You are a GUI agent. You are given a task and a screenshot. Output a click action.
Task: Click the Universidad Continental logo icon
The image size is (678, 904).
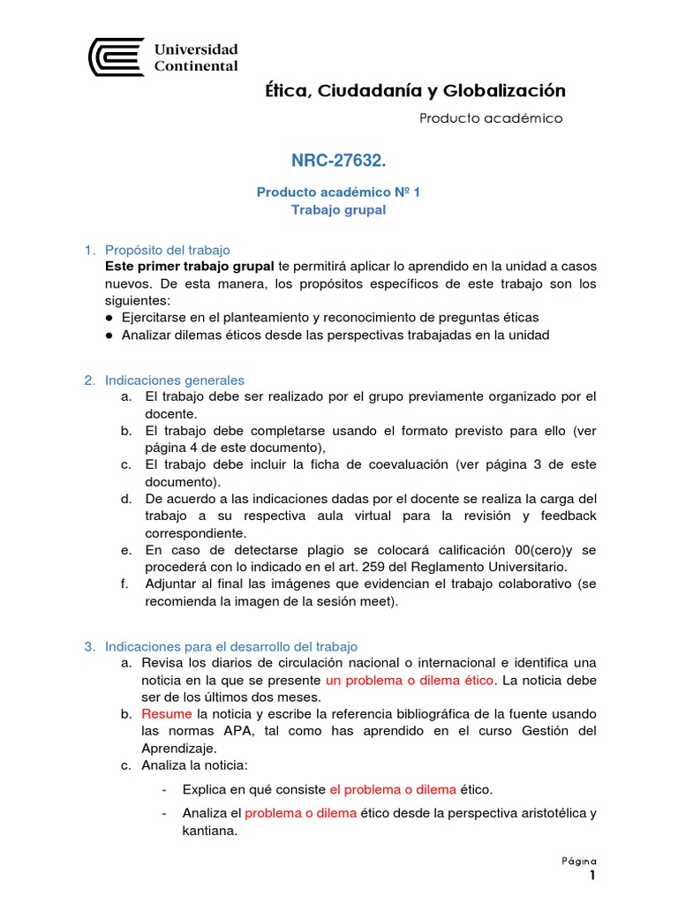(116, 57)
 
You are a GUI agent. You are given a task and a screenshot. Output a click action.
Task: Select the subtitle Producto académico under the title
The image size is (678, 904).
(490, 118)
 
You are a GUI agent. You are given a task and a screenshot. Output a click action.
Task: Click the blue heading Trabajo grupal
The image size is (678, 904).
(338, 210)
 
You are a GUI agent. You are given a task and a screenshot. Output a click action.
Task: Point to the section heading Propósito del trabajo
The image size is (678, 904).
(167, 250)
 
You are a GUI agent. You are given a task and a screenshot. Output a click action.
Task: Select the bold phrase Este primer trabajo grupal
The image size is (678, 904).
(190, 267)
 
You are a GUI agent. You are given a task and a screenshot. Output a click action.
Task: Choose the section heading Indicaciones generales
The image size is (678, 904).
(175, 380)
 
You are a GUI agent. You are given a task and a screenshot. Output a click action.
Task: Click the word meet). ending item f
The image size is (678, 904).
(380, 601)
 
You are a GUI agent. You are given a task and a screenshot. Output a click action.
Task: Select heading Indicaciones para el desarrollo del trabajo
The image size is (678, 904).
(231, 646)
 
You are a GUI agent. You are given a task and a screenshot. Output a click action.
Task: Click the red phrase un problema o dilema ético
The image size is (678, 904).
(411, 680)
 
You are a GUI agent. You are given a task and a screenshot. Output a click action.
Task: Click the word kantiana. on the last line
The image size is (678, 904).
(210, 830)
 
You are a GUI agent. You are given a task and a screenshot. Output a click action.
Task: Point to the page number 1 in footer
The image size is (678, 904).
(593, 876)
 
